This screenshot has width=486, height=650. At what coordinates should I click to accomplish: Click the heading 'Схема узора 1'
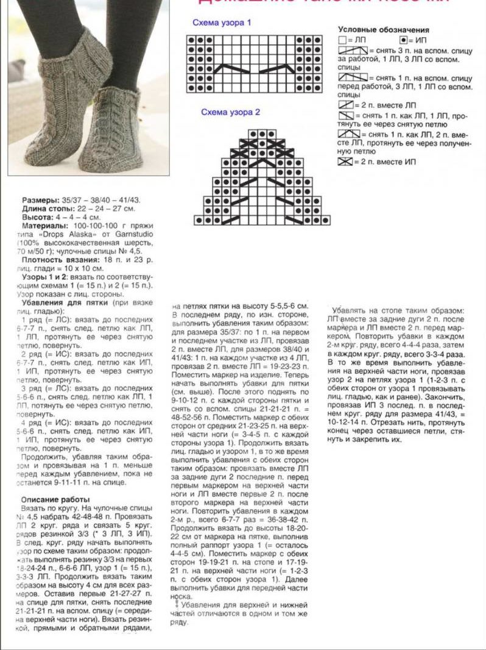(222, 23)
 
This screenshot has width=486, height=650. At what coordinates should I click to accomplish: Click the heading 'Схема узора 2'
(231, 112)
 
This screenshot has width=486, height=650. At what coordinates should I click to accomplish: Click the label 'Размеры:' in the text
(41, 200)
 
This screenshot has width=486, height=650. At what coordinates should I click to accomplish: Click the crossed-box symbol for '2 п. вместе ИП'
(345, 162)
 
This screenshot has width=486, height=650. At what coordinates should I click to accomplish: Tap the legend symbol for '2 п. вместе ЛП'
(345, 105)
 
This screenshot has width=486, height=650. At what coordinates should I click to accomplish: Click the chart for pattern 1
(254, 63)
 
